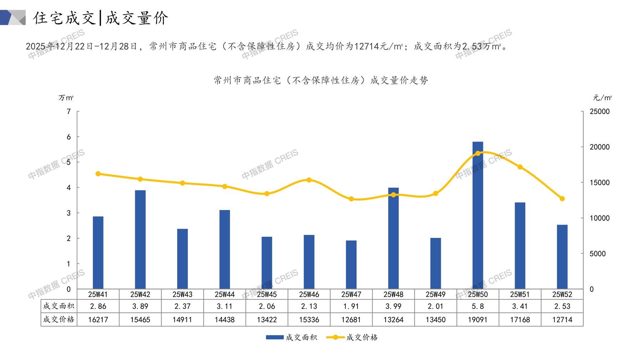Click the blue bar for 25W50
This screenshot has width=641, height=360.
point(478,215)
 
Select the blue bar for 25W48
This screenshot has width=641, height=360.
point(393,238)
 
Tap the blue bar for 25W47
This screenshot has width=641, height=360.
point(351,264)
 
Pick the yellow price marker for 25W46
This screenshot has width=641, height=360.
point(309,180)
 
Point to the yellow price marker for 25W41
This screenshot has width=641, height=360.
point(98,174)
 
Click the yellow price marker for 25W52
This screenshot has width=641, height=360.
point(562,199)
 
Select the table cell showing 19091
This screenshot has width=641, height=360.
point(478,320)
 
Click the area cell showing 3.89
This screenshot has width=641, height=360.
point(140,306)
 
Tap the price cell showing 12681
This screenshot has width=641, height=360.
point(351,320)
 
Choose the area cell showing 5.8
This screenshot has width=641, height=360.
point(478,306)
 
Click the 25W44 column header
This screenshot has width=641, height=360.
point(224,294)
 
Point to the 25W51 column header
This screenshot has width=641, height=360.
point(520,294)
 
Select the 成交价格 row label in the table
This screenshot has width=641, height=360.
point(59,319)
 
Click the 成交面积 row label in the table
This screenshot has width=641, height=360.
point(59,306)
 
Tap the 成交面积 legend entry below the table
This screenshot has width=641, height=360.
point(291,337)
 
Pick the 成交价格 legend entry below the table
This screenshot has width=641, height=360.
point(352,337)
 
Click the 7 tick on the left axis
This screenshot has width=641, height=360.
point(69,112)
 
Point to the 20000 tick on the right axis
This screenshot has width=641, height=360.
point(599,147)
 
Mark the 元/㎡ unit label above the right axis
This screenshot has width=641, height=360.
point(602,98)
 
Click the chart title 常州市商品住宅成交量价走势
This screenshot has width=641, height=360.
point(321,81)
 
